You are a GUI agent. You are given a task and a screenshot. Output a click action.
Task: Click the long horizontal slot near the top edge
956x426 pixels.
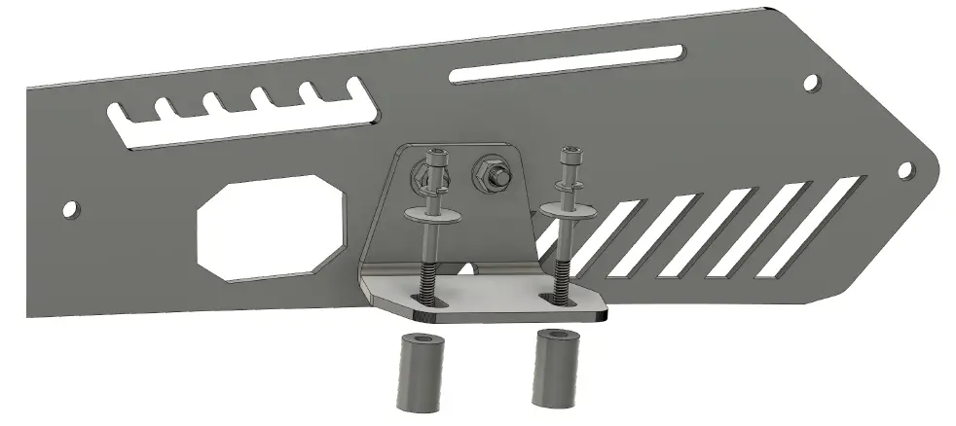(565, 62)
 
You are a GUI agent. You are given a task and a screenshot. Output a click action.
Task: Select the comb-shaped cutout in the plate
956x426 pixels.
(243, 124)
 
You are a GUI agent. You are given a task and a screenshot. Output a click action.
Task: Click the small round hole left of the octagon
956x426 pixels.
(70, 209)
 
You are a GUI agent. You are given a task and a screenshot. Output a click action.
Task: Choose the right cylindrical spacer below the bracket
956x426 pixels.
(551, 370)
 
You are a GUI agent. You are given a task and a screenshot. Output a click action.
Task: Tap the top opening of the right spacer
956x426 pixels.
(553, 337)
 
